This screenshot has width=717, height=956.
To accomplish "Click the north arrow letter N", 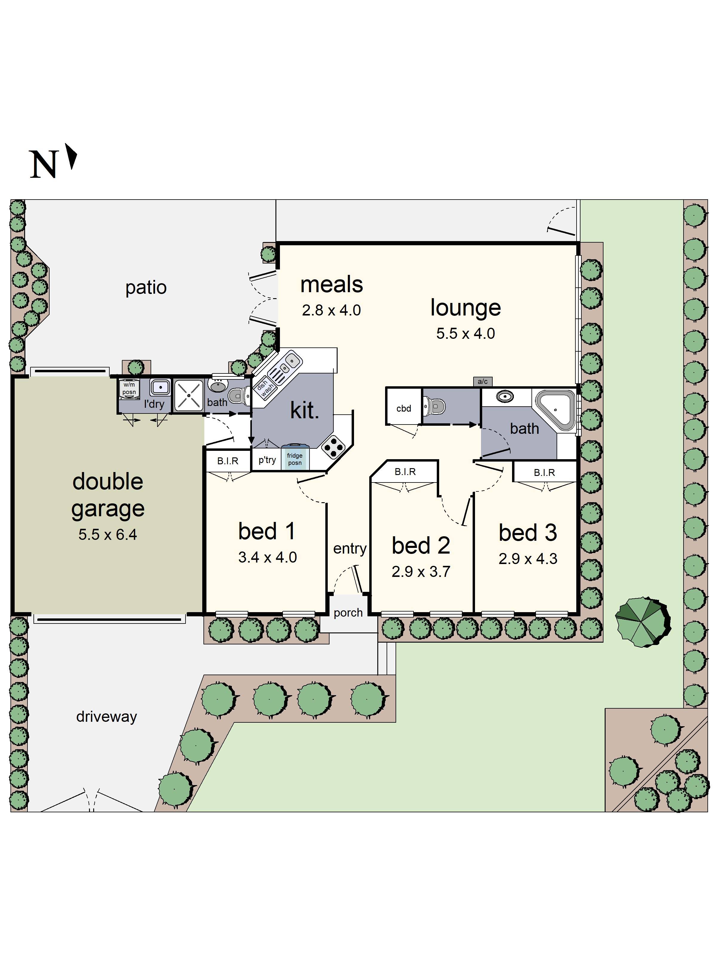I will coord(43,164).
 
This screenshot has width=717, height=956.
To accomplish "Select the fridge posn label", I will coord(295,459).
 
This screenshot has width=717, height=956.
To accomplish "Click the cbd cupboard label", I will coord(404,408).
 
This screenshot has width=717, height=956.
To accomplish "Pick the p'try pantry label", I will coord(267,460).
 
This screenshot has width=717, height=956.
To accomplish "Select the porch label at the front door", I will coord(348,612).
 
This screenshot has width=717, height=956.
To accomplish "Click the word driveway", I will coord(106,717).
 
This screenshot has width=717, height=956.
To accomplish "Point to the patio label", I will coord(146,287).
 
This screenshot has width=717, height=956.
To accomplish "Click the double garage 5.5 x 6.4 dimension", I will coord(108,535).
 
